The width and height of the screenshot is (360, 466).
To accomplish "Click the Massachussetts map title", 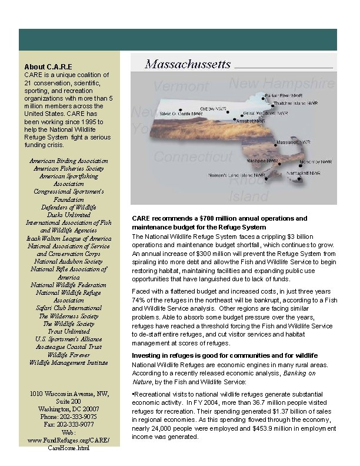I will click(x=188, y=64).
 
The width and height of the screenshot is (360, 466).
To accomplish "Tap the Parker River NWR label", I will click(x=284, y=95).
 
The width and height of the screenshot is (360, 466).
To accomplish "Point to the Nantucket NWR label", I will click(x=303, y=174).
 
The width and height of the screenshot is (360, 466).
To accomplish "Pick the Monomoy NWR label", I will click(x=315, y=161).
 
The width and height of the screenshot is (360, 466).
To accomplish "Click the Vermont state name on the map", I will click(x=181, y=86).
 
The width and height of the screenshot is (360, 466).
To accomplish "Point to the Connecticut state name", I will click(x=192, y=157).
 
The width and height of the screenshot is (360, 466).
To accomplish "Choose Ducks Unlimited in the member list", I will click(x=69, y=215).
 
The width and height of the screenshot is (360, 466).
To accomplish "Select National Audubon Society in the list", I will click(x=68, y=261).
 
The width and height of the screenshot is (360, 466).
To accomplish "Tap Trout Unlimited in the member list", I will click(x=68, y=331).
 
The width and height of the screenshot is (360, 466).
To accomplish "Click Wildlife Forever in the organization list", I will click(x=68, y=355).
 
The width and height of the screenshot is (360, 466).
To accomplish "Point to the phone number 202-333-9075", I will click(x=68, y=417).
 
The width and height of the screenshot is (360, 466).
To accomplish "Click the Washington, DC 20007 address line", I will click(x=68, y=409).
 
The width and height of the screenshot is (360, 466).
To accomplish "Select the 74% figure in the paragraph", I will click(x=139, y=299).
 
